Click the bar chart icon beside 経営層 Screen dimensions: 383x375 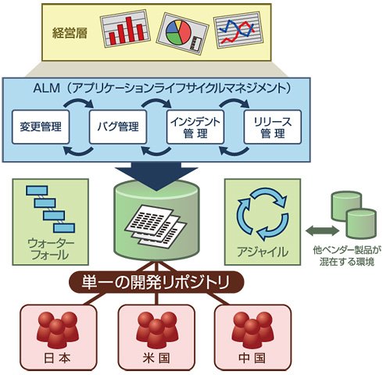point(125,29)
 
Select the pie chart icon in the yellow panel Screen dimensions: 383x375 point(182,34)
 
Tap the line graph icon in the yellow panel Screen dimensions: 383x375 point(238,30)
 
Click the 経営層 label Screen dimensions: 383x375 point(70,34)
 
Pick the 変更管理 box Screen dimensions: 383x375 point(41,127)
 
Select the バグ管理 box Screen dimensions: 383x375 point(118,127)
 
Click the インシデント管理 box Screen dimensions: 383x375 point(195,127)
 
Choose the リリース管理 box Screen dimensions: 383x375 point(273,127)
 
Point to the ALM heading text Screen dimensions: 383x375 point(162,88)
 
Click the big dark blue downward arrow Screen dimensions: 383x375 point(156,175)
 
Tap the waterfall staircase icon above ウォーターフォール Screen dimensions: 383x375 point(50,209)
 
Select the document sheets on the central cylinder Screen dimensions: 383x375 point(156,224)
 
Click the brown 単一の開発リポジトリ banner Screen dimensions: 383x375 point(156,282)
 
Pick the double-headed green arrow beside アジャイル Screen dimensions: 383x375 point(322,230)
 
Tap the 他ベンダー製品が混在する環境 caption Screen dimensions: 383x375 point(347,256)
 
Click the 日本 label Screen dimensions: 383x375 point(58,359)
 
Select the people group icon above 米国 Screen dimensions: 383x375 point(156,330)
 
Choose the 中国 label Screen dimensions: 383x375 point(252,359)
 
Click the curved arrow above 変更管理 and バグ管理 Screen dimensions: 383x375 point(79,101)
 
